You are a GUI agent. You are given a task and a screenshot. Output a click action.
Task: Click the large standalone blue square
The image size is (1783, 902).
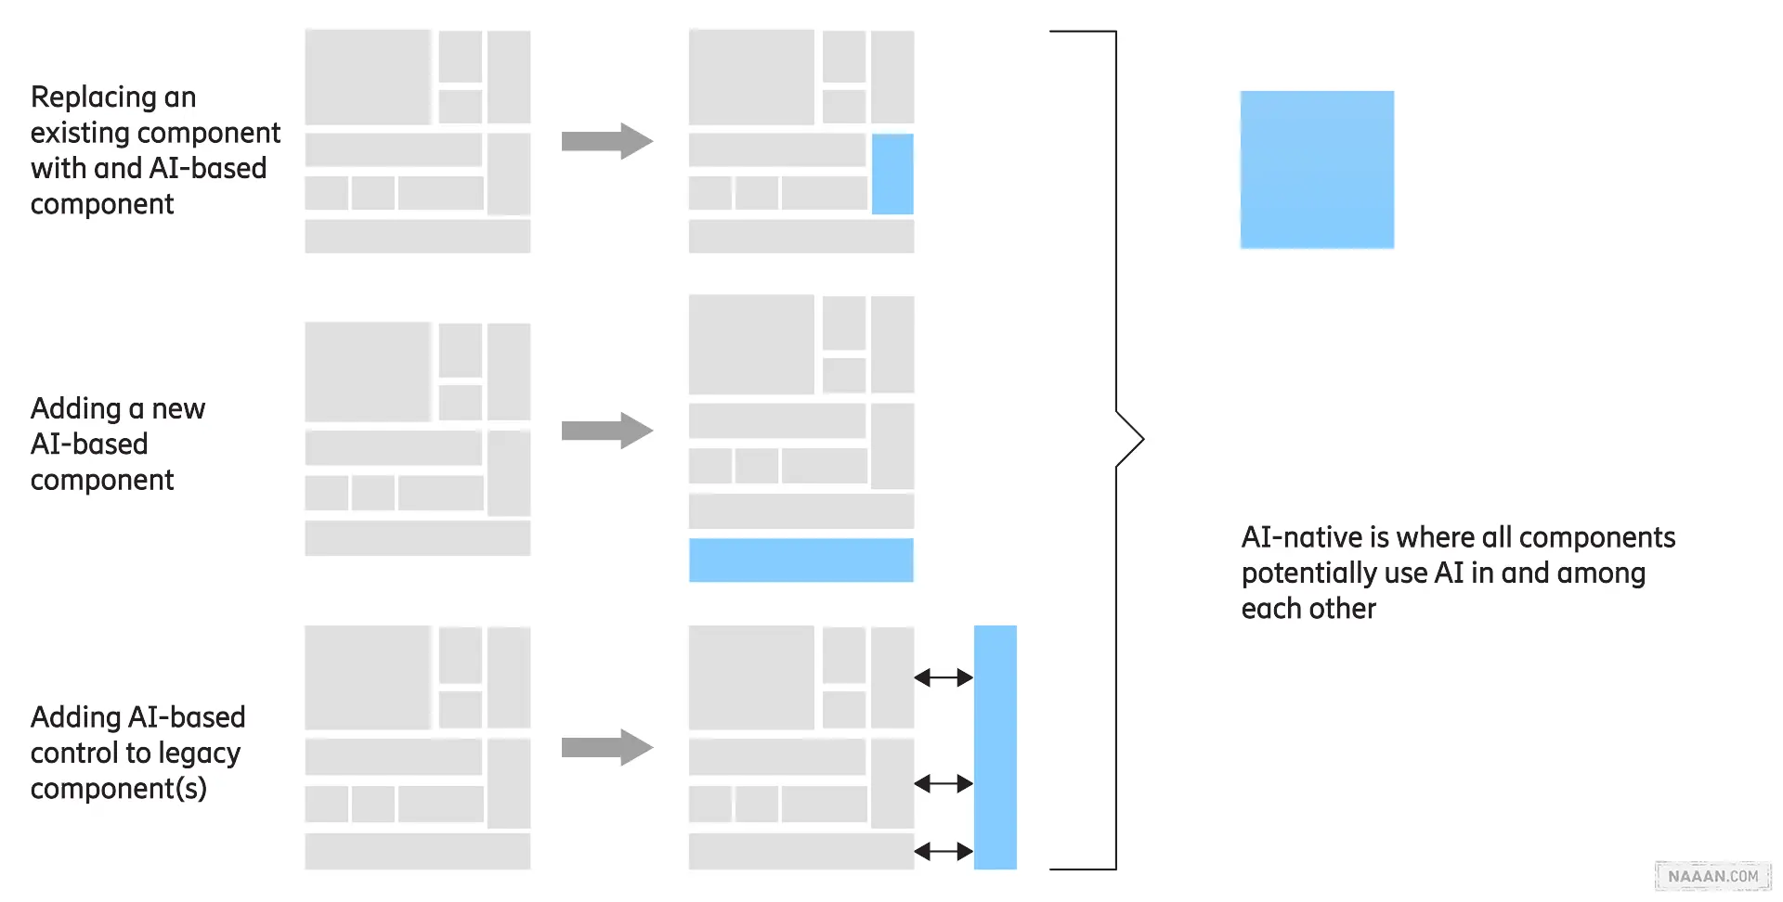click(x=1317, y=169)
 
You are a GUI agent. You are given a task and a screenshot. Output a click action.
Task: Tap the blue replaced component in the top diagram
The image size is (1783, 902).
click(x=892, y=174)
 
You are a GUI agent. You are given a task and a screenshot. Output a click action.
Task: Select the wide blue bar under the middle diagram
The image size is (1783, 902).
click(x=800, y=560)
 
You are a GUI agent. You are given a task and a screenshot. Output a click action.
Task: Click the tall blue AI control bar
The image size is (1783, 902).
click(x=995, y=747)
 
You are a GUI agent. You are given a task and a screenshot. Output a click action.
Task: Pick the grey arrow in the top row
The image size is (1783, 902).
click(x=607, y=141)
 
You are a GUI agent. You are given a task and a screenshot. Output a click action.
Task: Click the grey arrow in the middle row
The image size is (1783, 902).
click(x=607, y=431)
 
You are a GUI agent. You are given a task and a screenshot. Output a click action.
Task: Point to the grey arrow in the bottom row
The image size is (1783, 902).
click(x=607, y=747)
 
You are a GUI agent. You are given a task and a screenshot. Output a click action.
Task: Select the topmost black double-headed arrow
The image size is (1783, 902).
click(x=944, y=678)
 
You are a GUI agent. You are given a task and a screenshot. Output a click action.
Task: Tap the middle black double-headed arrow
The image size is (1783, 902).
click(x=944, y=784)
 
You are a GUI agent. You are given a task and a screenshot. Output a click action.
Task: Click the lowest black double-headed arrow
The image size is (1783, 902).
click(x=944, y=851)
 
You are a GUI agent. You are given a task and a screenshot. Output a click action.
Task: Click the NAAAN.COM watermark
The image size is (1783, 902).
click(x=1712, y=876)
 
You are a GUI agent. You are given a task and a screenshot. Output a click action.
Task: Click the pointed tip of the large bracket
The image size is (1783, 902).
click(x=1142, y=439)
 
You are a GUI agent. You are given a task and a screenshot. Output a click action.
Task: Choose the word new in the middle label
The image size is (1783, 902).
click(x=178, y=409)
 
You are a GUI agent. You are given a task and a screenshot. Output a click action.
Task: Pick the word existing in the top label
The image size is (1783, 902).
click(x=76, y=133)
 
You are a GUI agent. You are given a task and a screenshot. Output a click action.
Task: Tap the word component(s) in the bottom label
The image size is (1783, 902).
click(x=118, y=789)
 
